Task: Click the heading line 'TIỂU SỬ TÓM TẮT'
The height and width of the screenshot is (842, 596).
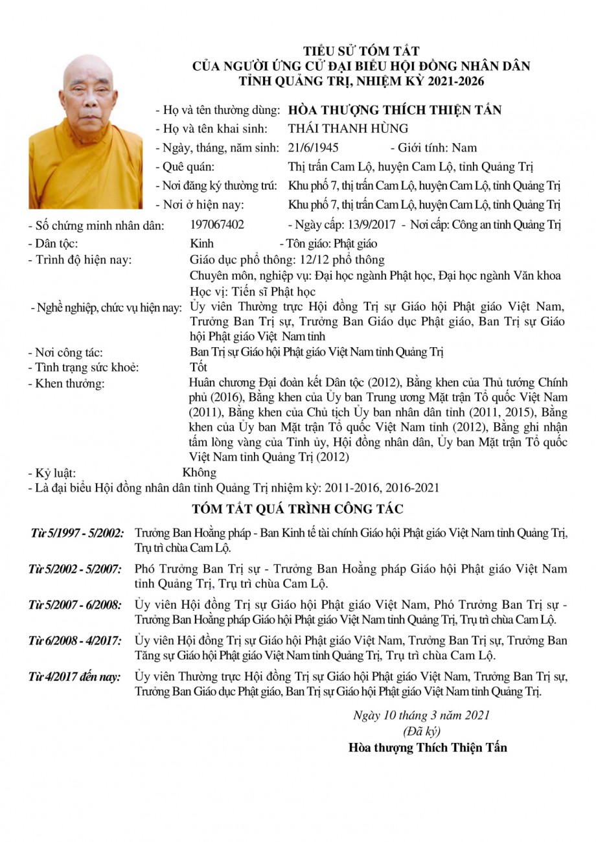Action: tap(362, 51)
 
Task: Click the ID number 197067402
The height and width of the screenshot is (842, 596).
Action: tap(218, 225)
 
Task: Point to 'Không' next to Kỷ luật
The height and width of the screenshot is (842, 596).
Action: tap(200, 472)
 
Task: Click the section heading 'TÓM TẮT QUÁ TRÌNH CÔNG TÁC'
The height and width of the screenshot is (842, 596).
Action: tap(297, 508)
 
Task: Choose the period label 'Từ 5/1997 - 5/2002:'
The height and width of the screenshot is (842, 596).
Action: tap(77, 534)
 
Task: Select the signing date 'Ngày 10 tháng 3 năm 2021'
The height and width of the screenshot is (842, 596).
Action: tap(421, 716)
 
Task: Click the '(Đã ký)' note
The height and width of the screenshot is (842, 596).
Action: tap(421, 731)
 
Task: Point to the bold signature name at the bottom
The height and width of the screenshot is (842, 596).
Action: tap(428, 747)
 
